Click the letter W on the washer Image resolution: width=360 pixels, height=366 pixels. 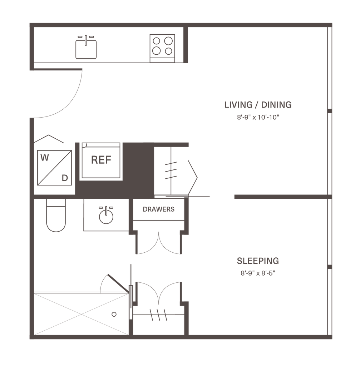click(x=45, y=158)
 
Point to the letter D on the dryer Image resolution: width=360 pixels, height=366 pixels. click(x=65, y=178)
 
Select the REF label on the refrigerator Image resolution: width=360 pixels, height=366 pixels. click(x=102, y=160)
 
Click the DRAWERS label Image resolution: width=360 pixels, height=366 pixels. click(x=159, y=209)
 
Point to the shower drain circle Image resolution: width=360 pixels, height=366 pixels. click(x=114, y=315)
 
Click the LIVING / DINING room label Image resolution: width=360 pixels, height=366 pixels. click(x=258, y=105)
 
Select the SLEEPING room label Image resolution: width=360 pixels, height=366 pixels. click(x=258, y=261)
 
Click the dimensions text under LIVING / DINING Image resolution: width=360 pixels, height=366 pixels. click(x=257, y=117)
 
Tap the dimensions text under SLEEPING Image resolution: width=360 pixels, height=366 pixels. click(x=258, y=273)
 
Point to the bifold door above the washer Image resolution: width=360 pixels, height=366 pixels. click(x=50, y=139)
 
